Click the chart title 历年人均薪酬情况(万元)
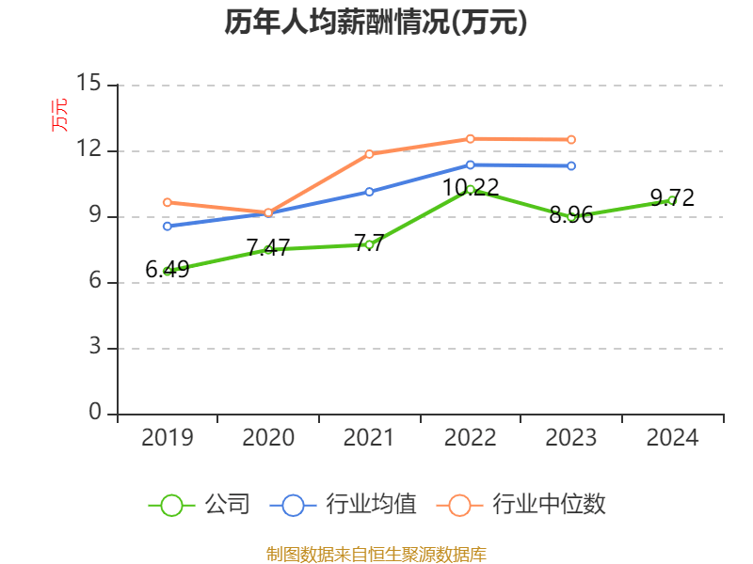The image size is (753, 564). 376,23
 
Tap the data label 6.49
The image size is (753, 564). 168,270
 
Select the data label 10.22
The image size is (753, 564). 471,187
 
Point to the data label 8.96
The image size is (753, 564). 571,215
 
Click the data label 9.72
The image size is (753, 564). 672,198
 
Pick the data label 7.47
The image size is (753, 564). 268,248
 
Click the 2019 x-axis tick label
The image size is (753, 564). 168,438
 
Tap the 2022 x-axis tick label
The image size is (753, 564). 471,438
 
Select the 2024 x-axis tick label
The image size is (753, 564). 672,438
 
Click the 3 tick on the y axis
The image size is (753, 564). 95,348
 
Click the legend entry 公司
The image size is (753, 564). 227,505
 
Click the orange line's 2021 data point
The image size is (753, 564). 369,154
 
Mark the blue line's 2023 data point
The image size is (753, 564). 571,166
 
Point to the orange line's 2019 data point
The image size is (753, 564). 168,202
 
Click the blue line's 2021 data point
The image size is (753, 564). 369,191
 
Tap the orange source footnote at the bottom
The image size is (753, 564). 376,554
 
